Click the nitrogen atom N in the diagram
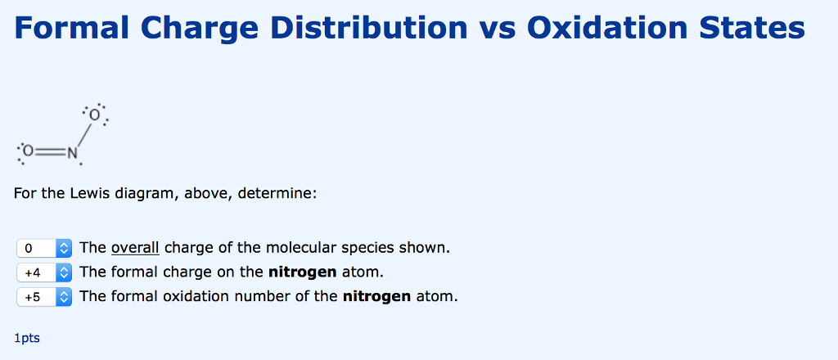click(x=72, y=151)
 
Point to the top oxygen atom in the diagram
click(x=95, y=115)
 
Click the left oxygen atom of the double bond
click(x=29, y=151)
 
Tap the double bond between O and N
click(x=50, y=151)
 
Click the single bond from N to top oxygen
click(x=83, y=133)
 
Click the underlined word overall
click(x=135, y=247)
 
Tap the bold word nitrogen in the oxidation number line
click(x=376, y=296)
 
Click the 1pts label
click(x=27, y=338)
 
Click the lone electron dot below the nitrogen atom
click(x=80, y=164)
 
